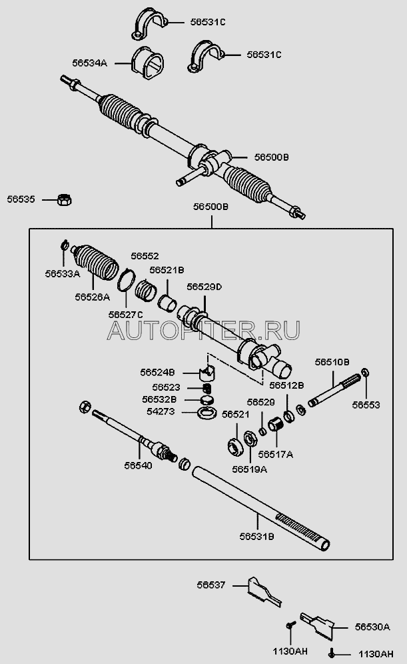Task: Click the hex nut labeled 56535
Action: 65,199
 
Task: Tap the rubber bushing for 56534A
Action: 151,64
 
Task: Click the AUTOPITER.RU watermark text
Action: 203,329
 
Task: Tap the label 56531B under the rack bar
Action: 256,535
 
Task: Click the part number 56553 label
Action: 366,404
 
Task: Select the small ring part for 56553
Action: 365,372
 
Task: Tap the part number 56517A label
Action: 276,454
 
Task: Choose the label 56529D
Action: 204,286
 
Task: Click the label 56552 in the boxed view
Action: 145,255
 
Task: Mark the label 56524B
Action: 157,372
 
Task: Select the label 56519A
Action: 249,469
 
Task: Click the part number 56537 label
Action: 211,585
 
